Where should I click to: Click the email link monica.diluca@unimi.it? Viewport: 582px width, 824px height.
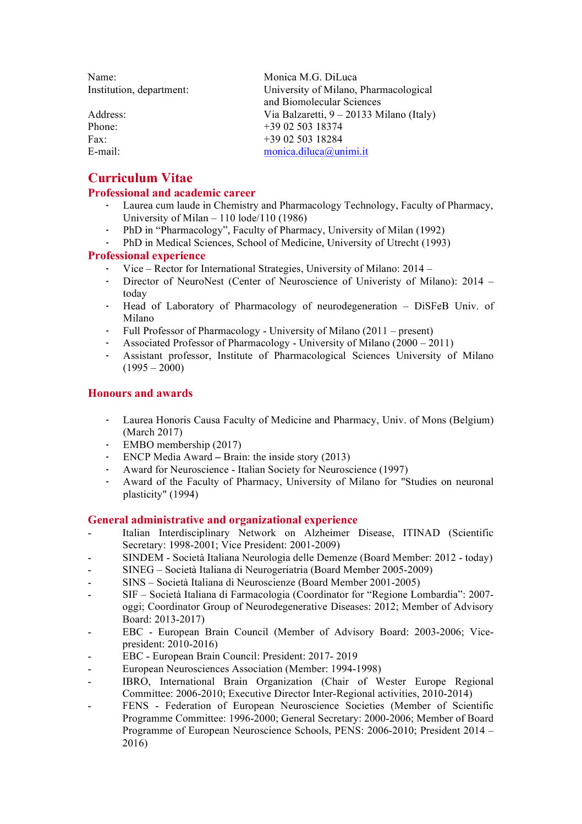[316, 151]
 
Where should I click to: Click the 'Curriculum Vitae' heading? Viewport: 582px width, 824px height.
[140, 178]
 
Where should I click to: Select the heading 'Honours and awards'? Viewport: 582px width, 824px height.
[140, 393]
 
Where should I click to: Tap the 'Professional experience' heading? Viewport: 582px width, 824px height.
[146, 255]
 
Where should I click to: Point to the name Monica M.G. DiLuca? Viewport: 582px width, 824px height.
[310, 77]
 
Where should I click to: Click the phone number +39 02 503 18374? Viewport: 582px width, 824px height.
[303, 127]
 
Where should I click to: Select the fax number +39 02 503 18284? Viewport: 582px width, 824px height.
[303, 139]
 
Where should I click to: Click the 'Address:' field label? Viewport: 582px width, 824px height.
[107, 114]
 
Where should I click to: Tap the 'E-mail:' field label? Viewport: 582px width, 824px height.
[103, 151]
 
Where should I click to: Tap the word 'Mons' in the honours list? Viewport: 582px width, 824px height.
[433, 420]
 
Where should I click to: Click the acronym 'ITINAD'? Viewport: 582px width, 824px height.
[421, 533]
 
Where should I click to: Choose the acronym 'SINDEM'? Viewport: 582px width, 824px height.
[143, 558]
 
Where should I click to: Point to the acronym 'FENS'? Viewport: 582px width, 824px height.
[135, 706]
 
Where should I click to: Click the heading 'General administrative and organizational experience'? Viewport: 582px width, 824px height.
[222, 520]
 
